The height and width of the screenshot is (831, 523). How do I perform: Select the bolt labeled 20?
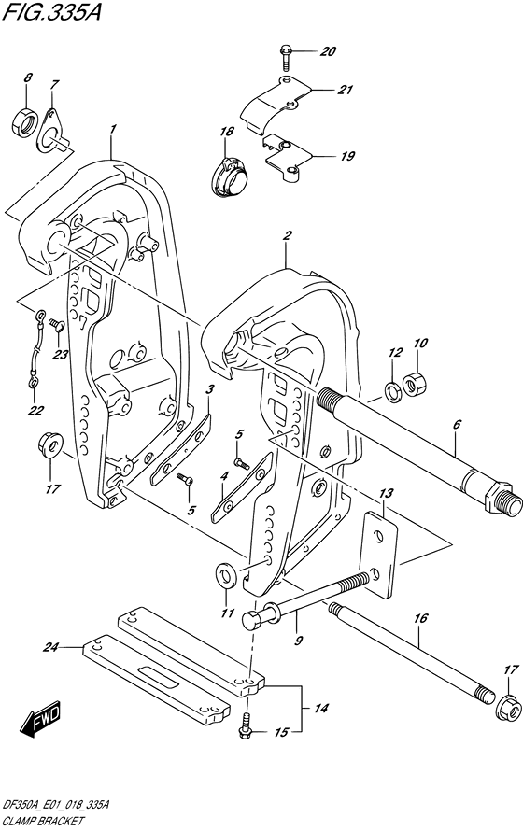coord(285,57)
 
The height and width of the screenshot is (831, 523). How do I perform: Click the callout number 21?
coord(345,90)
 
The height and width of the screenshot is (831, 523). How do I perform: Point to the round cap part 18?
coord(231,177)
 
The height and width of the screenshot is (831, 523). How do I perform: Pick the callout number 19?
coord(347,156)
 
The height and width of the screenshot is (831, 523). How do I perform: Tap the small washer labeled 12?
coord(393,393)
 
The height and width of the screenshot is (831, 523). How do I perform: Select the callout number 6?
coord(458,424)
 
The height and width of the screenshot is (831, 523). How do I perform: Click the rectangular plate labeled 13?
coord(378,554)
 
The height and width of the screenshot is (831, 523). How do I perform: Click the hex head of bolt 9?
coord(253,619)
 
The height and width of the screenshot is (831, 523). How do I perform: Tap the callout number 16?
coord(420,618)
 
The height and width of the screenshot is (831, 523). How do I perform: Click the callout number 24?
coord(50,646)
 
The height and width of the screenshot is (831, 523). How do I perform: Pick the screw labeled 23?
coord(56,324)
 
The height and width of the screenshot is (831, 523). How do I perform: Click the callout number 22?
coord(36,410)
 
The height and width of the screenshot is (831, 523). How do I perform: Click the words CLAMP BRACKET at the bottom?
coord(42,822)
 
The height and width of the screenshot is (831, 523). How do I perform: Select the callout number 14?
coord(321,708)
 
